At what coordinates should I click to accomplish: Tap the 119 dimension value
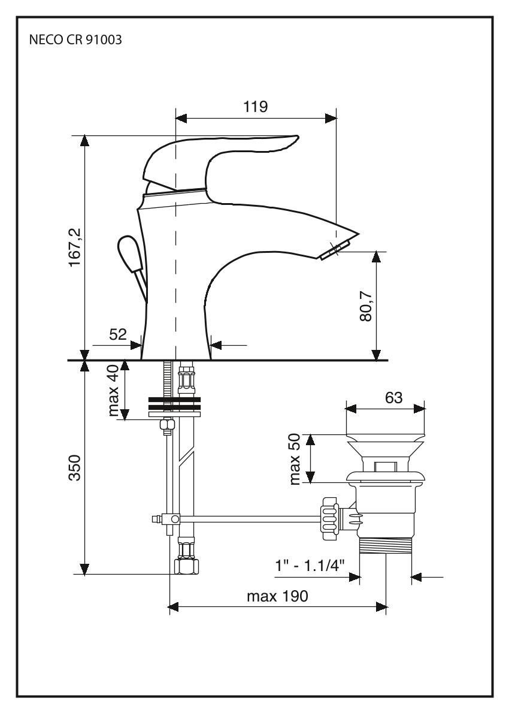255,107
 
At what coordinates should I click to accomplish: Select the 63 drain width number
393,397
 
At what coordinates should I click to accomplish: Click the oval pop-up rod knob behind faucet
128,251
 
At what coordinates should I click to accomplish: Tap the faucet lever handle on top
222,156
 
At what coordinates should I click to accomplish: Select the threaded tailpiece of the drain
386,545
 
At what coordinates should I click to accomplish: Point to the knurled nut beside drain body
329,514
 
